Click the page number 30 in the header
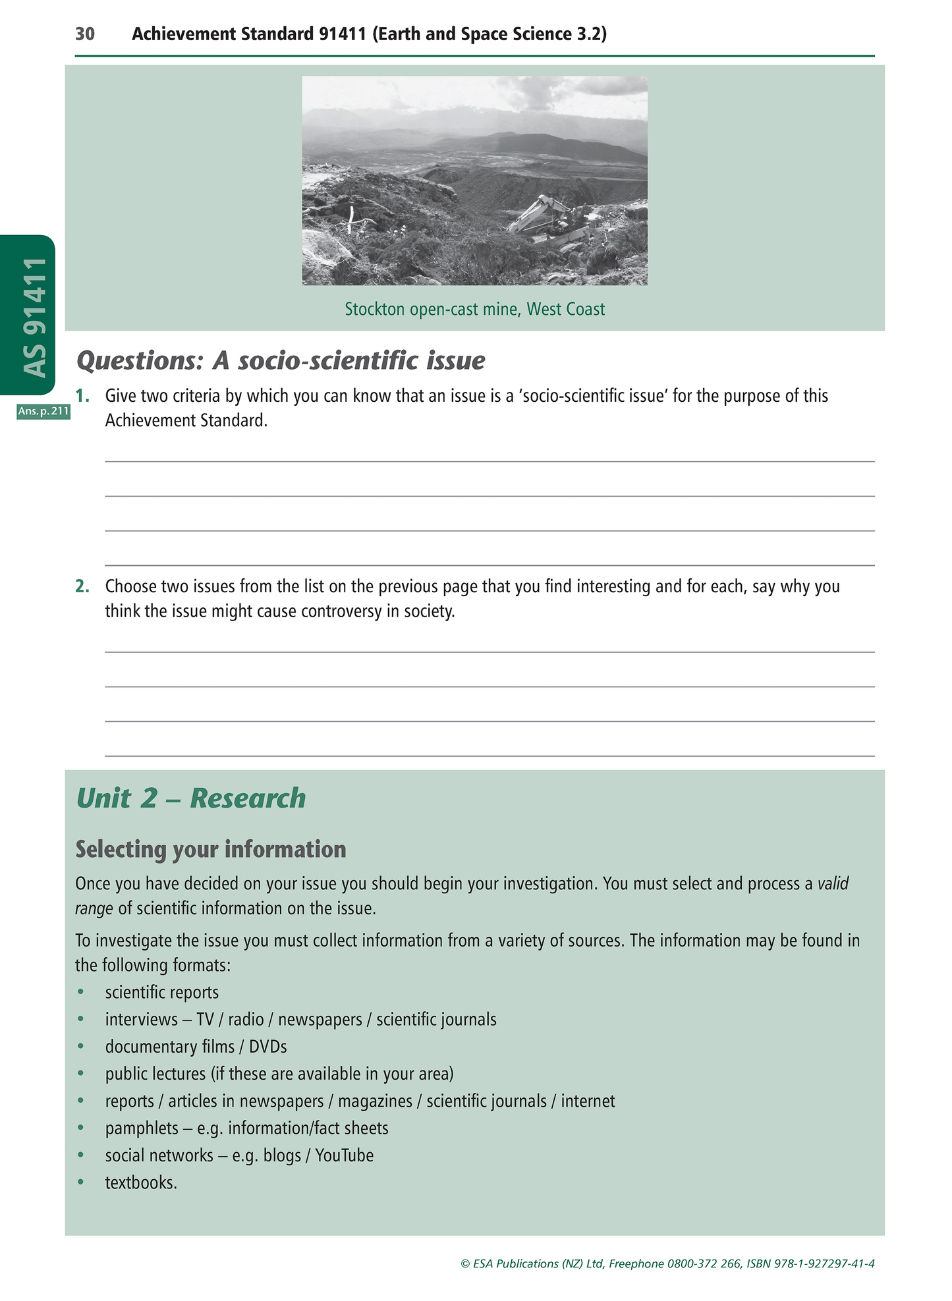click(x=85, y=34)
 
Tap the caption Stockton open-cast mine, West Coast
click(x=474, y=309)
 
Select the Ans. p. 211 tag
click(x=43, y=412)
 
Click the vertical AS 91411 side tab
click(x=34, y=316)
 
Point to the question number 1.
click(x=82, y=396)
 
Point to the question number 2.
click(x=82, y=586)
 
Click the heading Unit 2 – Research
click(x=191, y=798)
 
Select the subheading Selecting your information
click(x=211, y=849)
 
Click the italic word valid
click(x=833, y=883)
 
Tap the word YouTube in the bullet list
click(x=344, y=1155)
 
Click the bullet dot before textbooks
click(x=81, y=1182)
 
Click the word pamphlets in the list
click(x=142, y=1128)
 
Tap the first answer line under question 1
click(x=490, y=460)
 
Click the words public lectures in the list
click(x=155, y=1074)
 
